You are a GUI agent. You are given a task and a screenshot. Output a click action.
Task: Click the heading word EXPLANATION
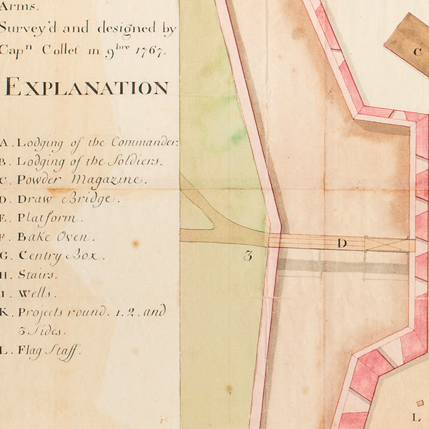tap(87, 88)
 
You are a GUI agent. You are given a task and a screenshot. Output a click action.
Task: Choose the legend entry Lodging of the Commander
tap(97, 142)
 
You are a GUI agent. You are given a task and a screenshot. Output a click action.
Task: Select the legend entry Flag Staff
tap(49, 350)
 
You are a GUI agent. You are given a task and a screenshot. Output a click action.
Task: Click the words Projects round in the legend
tap(55, 312)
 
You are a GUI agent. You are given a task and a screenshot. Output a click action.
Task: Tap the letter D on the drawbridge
tap(342, 244)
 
